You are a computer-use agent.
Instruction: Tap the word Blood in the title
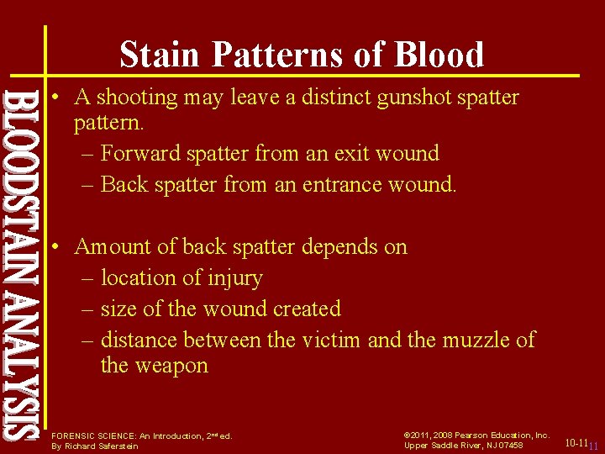pyautogui.click(x=439, y=55)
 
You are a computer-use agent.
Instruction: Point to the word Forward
pyautogui.click(x=140, y=153)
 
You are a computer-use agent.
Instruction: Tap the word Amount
pyautogui.click(x=109, y=247)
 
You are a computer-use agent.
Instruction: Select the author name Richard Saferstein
pyautogui.click(x=94, y=446)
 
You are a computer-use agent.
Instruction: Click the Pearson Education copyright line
pyautogui.click(x=476, y=436)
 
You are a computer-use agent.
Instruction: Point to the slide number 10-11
pyautogui.click(x=576, y=443)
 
